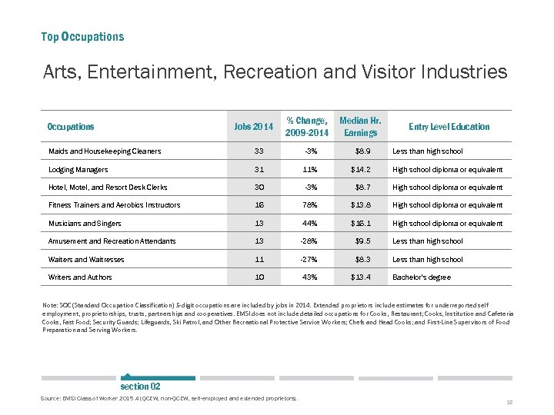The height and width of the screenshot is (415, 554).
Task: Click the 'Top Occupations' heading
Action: click(82, 36)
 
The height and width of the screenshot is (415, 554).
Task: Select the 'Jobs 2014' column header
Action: click(254, 127)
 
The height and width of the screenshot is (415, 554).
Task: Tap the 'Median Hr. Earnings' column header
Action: click(360, 127)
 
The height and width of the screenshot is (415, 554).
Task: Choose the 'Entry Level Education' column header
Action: click(449, 127)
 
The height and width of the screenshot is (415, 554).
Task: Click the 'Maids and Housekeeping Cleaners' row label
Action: click(105, 151)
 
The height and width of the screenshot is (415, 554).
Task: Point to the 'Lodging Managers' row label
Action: click(78, 169)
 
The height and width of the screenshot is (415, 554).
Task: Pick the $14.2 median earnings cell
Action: click(361, 169)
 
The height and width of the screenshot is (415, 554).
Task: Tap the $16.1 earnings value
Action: click(361, 224)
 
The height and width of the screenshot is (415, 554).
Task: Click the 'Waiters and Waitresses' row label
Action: click(86, 260)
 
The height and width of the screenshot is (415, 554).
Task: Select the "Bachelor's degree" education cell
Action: click(422, 277)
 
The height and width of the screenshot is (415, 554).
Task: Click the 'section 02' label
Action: click(140, 386)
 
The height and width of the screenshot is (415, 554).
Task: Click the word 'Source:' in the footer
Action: click(51, 398)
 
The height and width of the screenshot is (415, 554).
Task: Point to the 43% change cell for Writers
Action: click(309, 277)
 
